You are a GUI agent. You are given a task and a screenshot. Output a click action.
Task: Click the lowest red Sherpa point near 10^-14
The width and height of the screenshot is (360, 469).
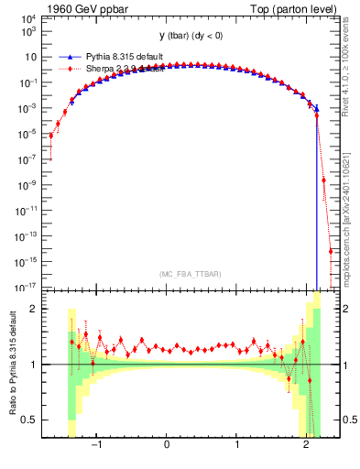click(331, 251)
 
